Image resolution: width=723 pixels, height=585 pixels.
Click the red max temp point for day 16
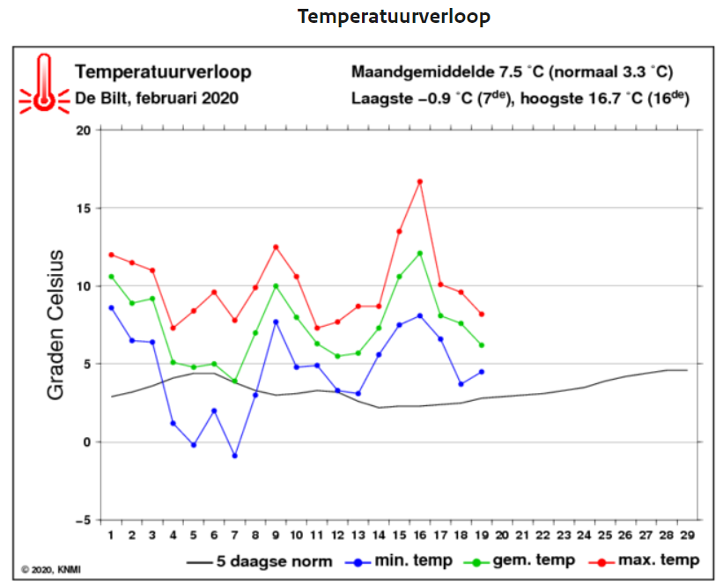419,181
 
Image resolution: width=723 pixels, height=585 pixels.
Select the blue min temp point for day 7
235,455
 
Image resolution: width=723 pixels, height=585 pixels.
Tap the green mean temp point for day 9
276,286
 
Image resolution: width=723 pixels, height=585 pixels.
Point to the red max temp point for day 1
111,255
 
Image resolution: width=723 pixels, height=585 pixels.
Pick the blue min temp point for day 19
482,372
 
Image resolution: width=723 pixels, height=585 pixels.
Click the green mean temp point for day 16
419,253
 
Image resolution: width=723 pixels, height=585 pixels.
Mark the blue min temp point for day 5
194,445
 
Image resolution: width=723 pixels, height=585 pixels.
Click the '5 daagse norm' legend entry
260,561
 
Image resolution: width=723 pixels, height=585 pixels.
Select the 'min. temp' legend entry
399,561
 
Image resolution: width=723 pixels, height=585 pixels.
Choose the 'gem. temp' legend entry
520,561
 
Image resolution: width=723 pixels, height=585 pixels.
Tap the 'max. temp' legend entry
644,560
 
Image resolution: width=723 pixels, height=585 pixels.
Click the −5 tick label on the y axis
84,521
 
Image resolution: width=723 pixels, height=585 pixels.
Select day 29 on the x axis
688,535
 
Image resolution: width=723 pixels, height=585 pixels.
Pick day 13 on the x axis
358,535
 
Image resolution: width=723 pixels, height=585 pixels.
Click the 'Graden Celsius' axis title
55,325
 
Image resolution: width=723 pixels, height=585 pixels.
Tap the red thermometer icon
44,84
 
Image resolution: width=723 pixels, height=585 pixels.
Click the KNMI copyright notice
51,570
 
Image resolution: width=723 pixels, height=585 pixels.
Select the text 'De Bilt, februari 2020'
157,99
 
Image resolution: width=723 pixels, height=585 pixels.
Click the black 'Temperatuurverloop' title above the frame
394,17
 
